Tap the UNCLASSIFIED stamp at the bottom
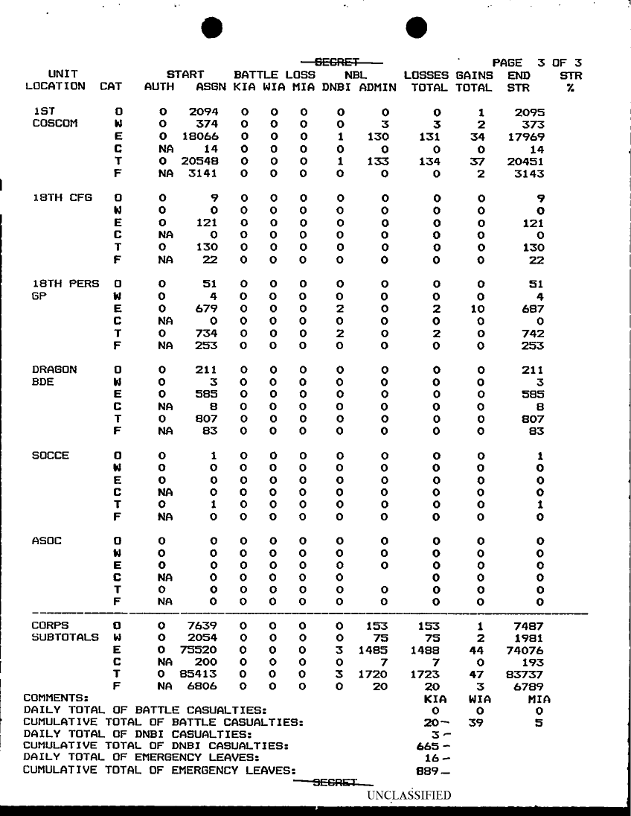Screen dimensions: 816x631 [x=409, y=795]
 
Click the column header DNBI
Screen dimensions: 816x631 [x=338, y=86]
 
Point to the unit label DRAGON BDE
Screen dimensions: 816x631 [x=54, y=376]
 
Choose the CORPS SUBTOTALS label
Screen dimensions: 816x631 [x=64, y=632]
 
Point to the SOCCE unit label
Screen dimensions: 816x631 [x=51, y=456]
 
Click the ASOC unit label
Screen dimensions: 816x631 [x=46, y=541]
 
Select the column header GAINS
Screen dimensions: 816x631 [x=474, y=75]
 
